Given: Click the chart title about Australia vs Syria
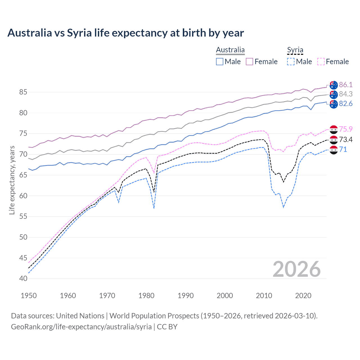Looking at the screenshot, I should [125, 33].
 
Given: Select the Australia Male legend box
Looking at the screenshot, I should [220, 62].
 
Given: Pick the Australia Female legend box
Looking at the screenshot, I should [249, 62].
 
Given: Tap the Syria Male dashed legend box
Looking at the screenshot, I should [291, 62].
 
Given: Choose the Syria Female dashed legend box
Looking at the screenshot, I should [321, 62].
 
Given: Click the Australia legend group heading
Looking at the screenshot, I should [230, 50].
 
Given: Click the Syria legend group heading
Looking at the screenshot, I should [295, 50].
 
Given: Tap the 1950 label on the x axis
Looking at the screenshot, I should [29, 296].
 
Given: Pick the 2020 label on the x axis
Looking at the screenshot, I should [303, 296].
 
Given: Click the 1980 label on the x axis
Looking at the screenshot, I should [146, 296].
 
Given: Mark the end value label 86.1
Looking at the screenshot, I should [346, 85].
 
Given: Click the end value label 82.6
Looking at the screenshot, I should [346, 104].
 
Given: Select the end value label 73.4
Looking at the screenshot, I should [346, 139].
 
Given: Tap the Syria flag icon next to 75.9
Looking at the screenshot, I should [334, 129].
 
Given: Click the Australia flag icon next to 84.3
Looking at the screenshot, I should [334, 94].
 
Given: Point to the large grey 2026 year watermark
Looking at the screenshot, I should [297, 269].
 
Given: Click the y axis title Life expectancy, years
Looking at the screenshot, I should [12, 180].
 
